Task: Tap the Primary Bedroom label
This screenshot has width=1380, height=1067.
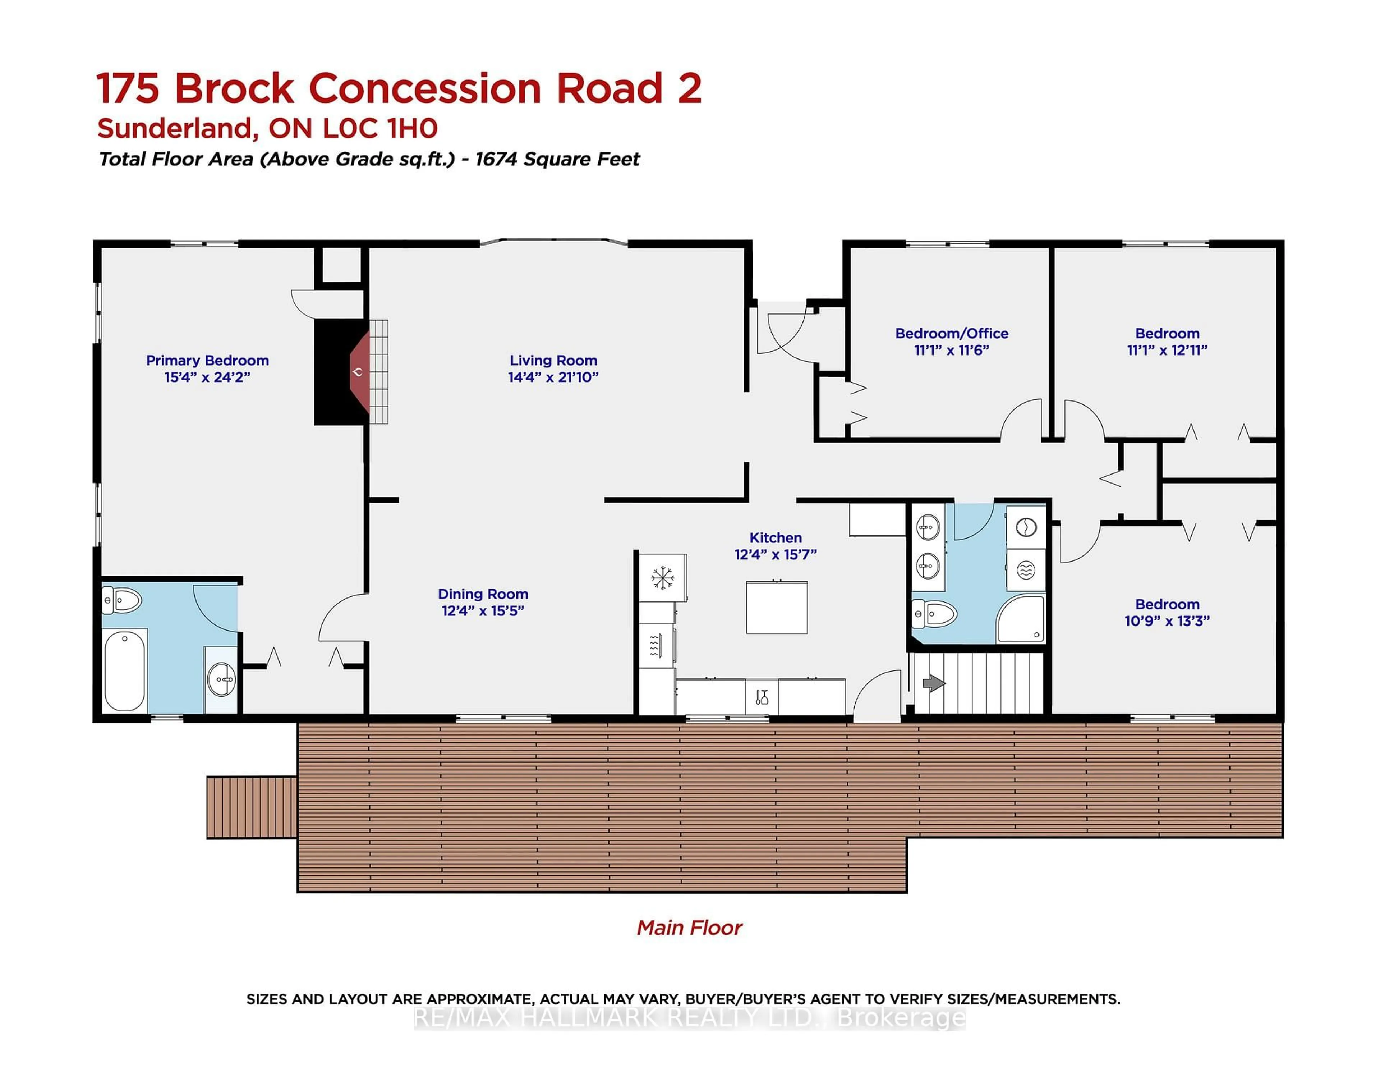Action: tap(207, 360)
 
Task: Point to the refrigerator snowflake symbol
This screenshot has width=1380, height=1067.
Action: tap(662, 577)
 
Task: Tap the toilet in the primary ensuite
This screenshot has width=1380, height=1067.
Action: tap(122, 600)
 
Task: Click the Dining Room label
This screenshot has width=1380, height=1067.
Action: tap(483, 594)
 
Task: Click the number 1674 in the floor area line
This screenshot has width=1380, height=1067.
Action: tap(495, 159)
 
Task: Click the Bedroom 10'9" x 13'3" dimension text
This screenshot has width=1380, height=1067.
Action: tap(1167, 621)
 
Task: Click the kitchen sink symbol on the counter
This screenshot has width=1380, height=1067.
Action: tap(762, 697)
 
